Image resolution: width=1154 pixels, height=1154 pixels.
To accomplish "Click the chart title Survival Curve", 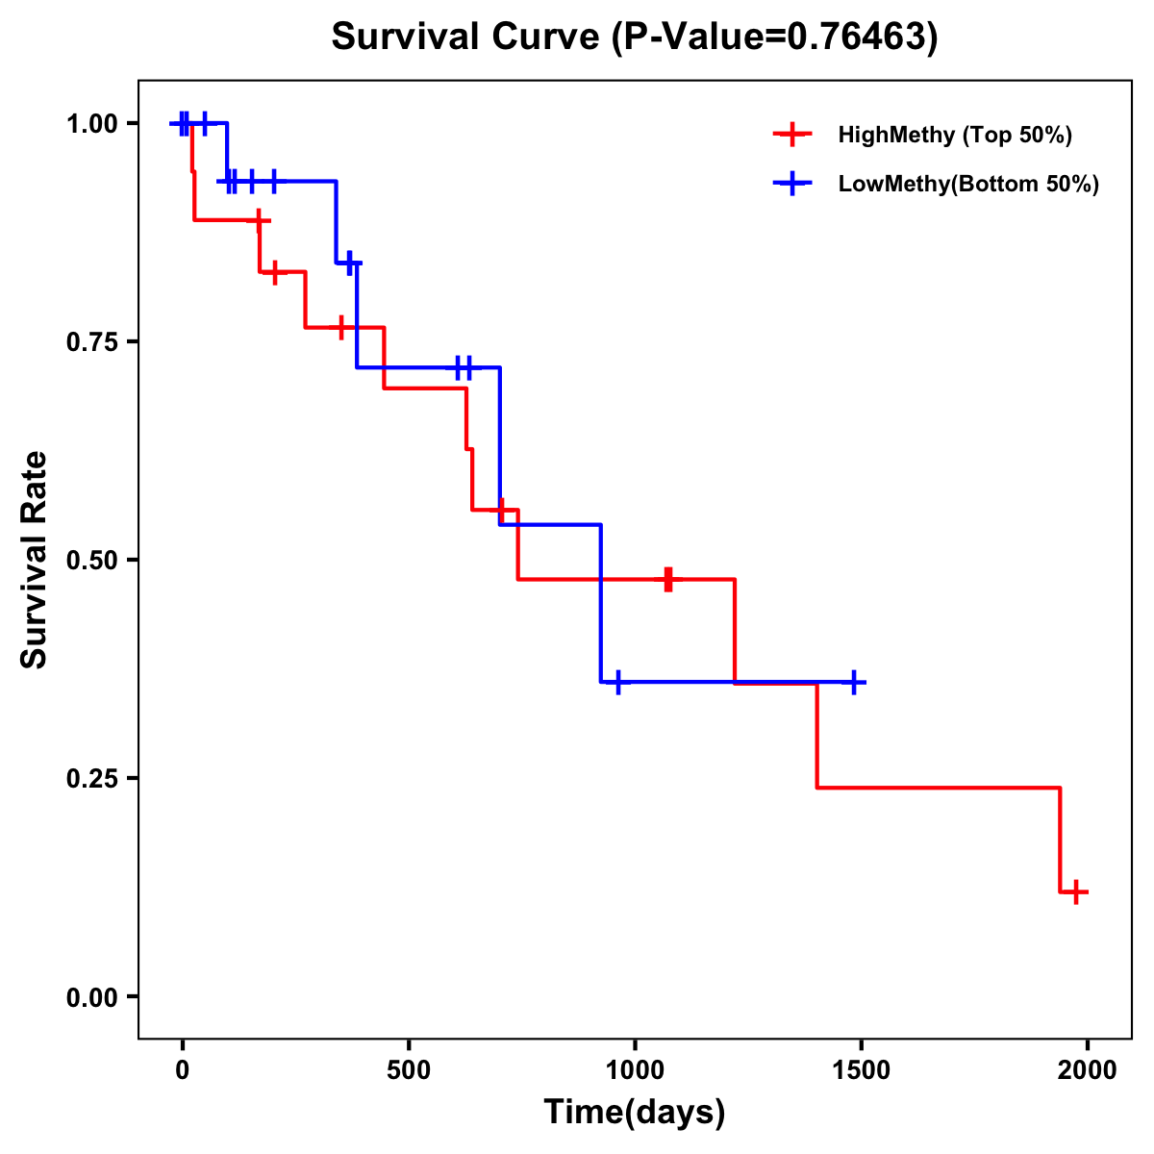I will point(634,37).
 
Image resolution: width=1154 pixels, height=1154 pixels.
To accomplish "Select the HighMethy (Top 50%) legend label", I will point(955,135).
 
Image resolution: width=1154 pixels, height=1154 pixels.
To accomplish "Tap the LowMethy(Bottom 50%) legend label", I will point(968,185).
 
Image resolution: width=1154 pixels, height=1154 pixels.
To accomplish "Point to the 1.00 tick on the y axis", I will point(91,123).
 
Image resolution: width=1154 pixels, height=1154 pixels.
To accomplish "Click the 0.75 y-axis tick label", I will point(91,341).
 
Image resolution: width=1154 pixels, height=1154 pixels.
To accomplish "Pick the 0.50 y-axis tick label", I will point(91,560).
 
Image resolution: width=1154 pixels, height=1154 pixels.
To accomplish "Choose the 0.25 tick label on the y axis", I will point(91,778).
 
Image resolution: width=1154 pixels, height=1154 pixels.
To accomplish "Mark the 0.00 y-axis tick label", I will point(91,996).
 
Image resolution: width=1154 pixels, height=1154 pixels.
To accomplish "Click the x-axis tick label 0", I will point(182,1070).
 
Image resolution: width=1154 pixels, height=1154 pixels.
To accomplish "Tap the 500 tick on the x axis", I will point(409,1070).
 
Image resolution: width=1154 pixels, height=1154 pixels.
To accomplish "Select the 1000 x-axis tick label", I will point(635,1070).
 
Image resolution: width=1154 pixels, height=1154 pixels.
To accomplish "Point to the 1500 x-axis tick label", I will point(862,1070).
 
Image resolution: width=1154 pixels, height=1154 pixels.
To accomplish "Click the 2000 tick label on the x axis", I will point(1088,1070).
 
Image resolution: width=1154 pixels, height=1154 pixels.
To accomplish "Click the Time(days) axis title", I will point(635,1113).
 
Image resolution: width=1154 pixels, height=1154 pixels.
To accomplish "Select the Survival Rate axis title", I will point(35,560).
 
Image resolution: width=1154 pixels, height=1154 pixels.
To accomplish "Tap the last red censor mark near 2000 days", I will point(1077,891).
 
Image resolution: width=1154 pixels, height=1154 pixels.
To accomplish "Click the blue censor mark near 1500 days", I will point(853,682).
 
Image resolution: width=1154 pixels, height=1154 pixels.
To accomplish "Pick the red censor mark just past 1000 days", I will point(668,579).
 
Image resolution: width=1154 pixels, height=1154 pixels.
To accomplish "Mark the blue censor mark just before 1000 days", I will point(617,682).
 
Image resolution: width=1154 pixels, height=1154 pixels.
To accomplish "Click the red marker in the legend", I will point(791,135).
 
